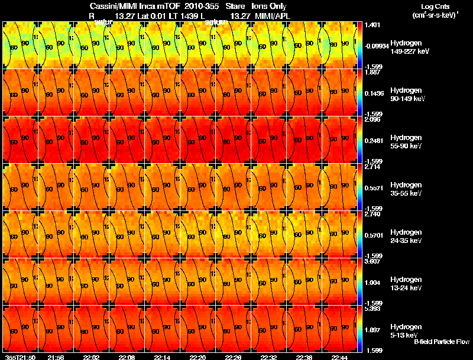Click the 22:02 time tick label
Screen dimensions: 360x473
(x=92, y=357)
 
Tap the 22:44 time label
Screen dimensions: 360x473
(x=340, y=357)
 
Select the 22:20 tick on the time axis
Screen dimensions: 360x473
(x=198, y=357)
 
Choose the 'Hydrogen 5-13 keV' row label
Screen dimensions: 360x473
(x=406, y=330)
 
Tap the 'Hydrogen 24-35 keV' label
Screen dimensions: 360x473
(x=407, y=236)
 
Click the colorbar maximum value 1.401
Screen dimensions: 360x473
(x=372, y=25)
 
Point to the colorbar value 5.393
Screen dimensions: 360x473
(x=372, y=309)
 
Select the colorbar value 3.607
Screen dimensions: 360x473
(x=372, y=261)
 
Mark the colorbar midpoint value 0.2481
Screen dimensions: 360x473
(x=374, y=140)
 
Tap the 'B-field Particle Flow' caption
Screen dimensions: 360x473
(x=442, y=342)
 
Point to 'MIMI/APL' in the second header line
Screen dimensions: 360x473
(x=270, y=15)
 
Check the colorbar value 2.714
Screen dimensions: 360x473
(x=372, y=167)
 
